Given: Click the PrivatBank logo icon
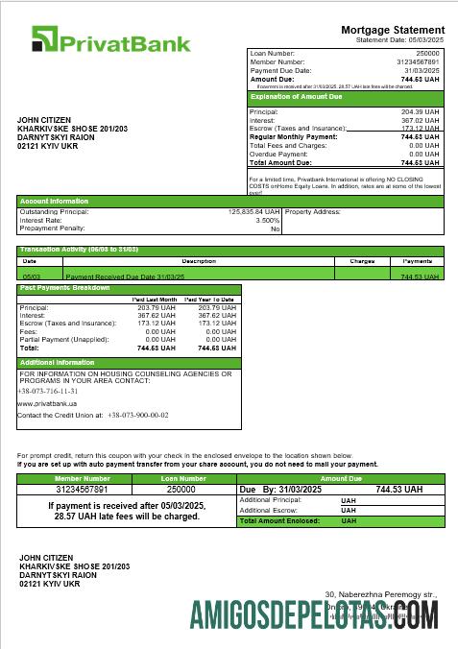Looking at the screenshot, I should click(x=45, y=39).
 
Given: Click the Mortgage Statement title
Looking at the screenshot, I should click(x=393, y=30).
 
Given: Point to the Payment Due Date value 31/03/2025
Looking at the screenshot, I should click(x=421, y=70).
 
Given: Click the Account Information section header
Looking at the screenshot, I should click(x=55, y=201).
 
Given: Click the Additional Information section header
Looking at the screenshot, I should click(x=58, y=362).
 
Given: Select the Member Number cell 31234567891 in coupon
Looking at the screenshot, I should click(x=83, y=489).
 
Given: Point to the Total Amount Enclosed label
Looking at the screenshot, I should click(x=284, y=520).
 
